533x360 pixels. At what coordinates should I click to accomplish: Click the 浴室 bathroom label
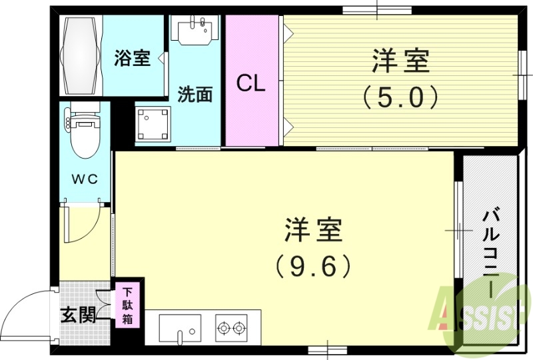[x=131, y=59]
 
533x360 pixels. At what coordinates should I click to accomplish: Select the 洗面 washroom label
[x=195, y=95]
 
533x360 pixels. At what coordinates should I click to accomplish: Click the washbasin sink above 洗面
[x=195, y=30]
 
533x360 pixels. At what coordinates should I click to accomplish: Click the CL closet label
[x=251, y=83]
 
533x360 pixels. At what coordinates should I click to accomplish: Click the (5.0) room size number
[x=400, y=98]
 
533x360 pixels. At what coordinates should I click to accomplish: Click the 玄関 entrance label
[x=77, y=314]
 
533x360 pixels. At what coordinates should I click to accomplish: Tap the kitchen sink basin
[x=181, y=329]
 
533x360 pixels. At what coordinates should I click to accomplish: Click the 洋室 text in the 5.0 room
[x=400, y=62]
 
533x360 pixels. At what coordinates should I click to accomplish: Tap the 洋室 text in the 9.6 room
[x=313, y=230]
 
